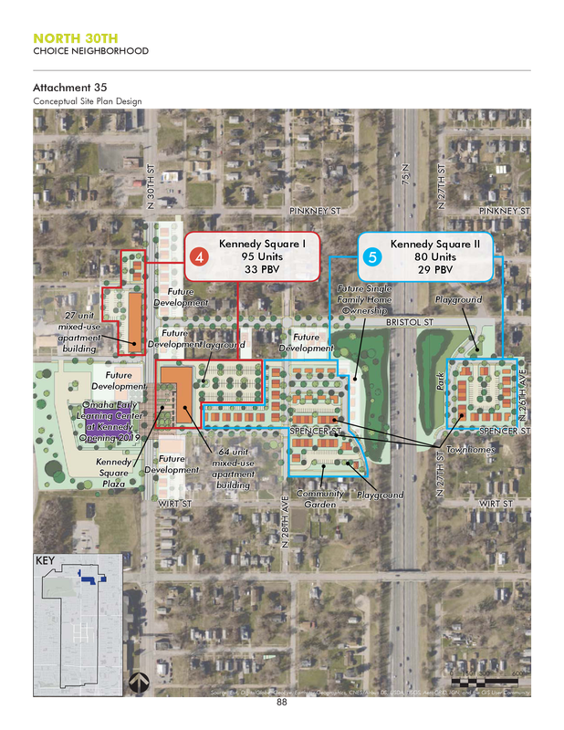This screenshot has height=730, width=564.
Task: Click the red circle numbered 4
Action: coord(201,256)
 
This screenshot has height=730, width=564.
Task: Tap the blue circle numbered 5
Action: coord(372,256)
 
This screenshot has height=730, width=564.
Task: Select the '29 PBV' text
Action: coord(435,269)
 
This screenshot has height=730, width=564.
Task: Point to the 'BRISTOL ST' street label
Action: coord(408,323)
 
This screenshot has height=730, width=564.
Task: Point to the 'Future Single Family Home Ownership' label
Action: coord(363,300)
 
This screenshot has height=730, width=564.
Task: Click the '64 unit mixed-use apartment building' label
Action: coord(234,468)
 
